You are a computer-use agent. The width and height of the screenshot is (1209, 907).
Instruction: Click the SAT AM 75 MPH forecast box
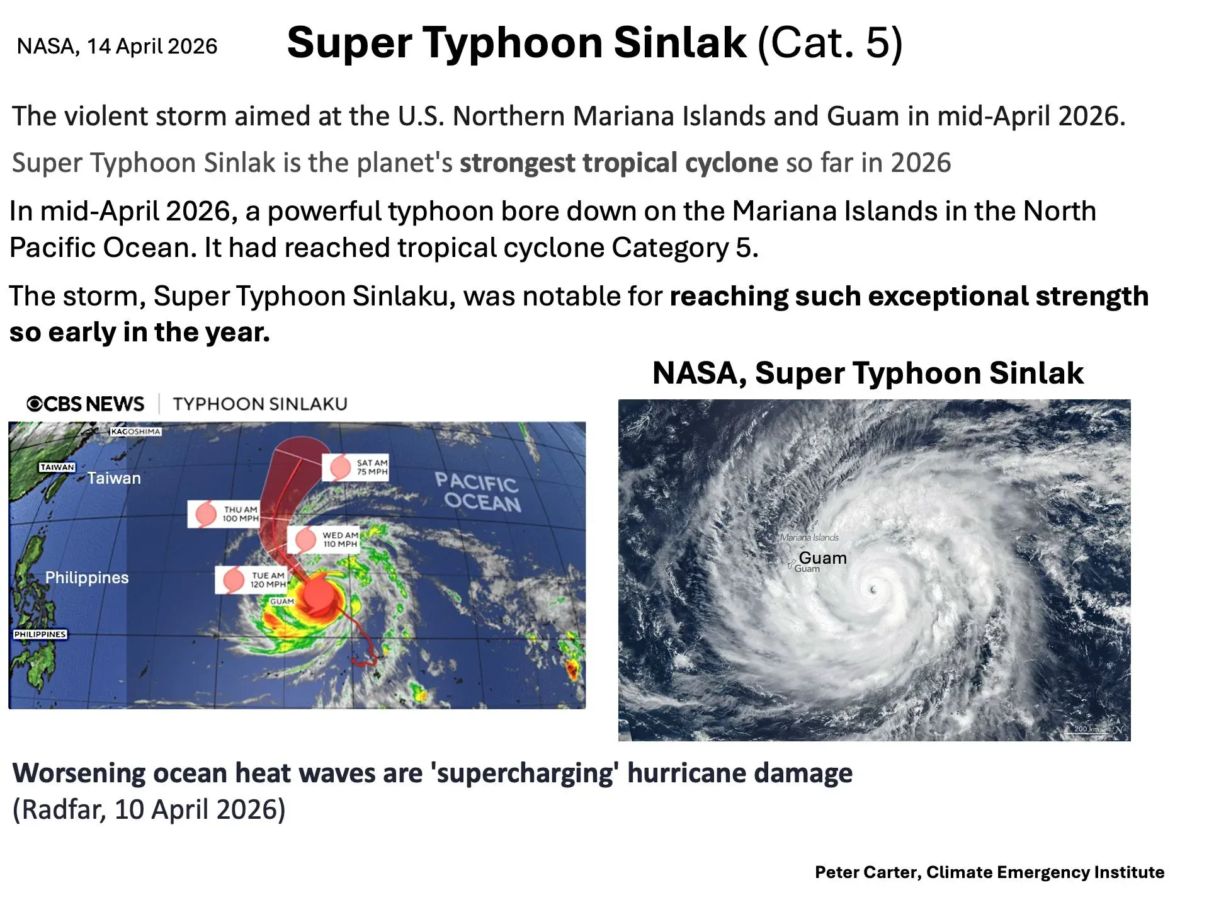click(356, 467)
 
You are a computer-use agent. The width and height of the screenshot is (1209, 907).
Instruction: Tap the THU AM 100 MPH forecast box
click(224, 514)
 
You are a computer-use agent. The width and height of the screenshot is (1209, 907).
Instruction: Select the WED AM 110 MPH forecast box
click(324, 540)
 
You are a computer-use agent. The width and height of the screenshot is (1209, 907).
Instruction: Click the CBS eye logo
click(34, 404)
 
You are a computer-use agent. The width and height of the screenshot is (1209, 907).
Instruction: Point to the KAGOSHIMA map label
click(136, 431)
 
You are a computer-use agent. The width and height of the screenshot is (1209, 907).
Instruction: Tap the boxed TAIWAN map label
click(57, 467)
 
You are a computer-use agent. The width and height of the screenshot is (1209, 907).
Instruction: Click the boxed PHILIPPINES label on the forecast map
click(40, 634)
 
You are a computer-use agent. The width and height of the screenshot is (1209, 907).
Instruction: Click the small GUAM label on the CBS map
click(282, 602)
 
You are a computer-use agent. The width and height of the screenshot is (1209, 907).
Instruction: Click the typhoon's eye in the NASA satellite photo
click(873, 590)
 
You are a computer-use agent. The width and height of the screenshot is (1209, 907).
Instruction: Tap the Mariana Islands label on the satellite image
click(809, 537)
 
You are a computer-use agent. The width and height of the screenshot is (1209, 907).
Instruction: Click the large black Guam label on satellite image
click(822, 558)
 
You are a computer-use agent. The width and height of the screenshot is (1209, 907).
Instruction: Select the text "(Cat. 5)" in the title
click(831, 43)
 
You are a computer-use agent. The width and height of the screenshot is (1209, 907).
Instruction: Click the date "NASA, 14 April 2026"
click(117, 46)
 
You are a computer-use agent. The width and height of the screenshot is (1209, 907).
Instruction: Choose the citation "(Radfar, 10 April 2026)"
click(149, 809)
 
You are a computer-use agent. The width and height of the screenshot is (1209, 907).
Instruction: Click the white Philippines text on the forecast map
click(87, 578)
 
